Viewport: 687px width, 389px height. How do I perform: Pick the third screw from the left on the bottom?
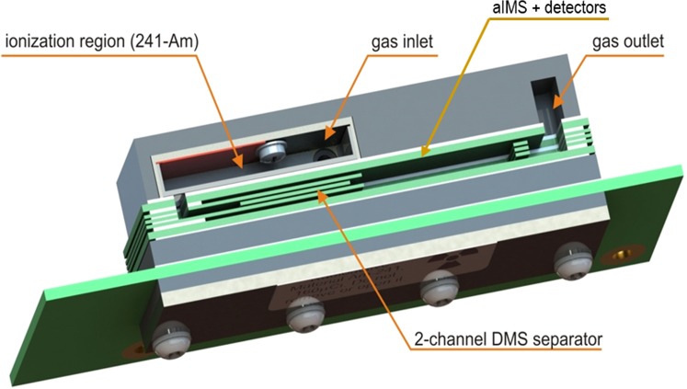435,292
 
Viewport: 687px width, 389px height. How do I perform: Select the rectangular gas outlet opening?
549,106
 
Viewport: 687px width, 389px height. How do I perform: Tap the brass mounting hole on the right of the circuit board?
631,246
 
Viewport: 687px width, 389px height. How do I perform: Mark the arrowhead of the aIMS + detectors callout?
422,148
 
